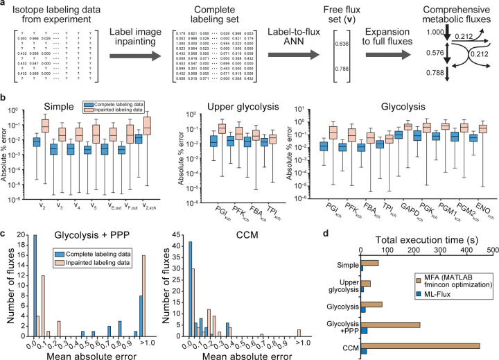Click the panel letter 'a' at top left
tap(4, 5)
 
